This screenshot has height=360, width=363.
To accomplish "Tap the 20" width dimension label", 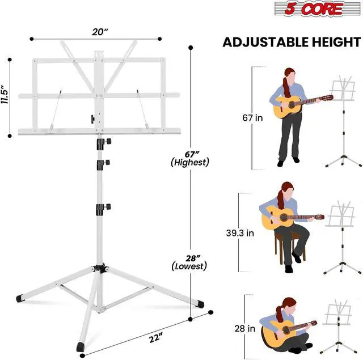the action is tap(100, 32).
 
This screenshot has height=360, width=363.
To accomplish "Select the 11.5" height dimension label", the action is tap(5, 95).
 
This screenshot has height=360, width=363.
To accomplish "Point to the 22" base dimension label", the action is tap(155, 337).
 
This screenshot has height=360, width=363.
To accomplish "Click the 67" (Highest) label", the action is tap(190, 159).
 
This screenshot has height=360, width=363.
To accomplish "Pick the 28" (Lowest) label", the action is tap(189, 262).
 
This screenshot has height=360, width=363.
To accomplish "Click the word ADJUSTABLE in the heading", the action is tap(265, 42).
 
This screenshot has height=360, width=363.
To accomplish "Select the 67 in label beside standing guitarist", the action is tap(252, 118).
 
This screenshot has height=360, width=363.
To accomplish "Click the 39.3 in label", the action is tap(240, 233).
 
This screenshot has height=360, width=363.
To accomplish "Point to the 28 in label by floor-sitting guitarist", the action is tap(245, 328).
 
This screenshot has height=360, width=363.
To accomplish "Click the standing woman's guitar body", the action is tap(286, 107).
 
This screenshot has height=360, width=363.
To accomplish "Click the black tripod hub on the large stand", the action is tap(100, 268).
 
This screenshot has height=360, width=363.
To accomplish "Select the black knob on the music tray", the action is tap(92, 119).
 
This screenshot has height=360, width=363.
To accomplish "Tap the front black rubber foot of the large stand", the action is tap(81, 347).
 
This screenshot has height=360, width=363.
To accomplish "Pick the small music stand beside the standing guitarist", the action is tap(344, 121).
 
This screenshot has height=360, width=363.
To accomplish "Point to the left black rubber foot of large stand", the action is tap(20, 298).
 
